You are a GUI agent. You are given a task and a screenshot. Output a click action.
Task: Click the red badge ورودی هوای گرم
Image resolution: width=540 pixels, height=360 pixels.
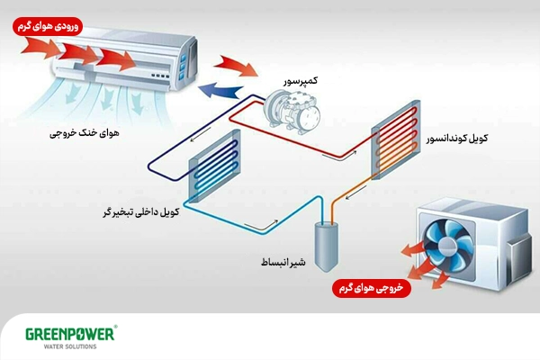[x=47, y=27]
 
